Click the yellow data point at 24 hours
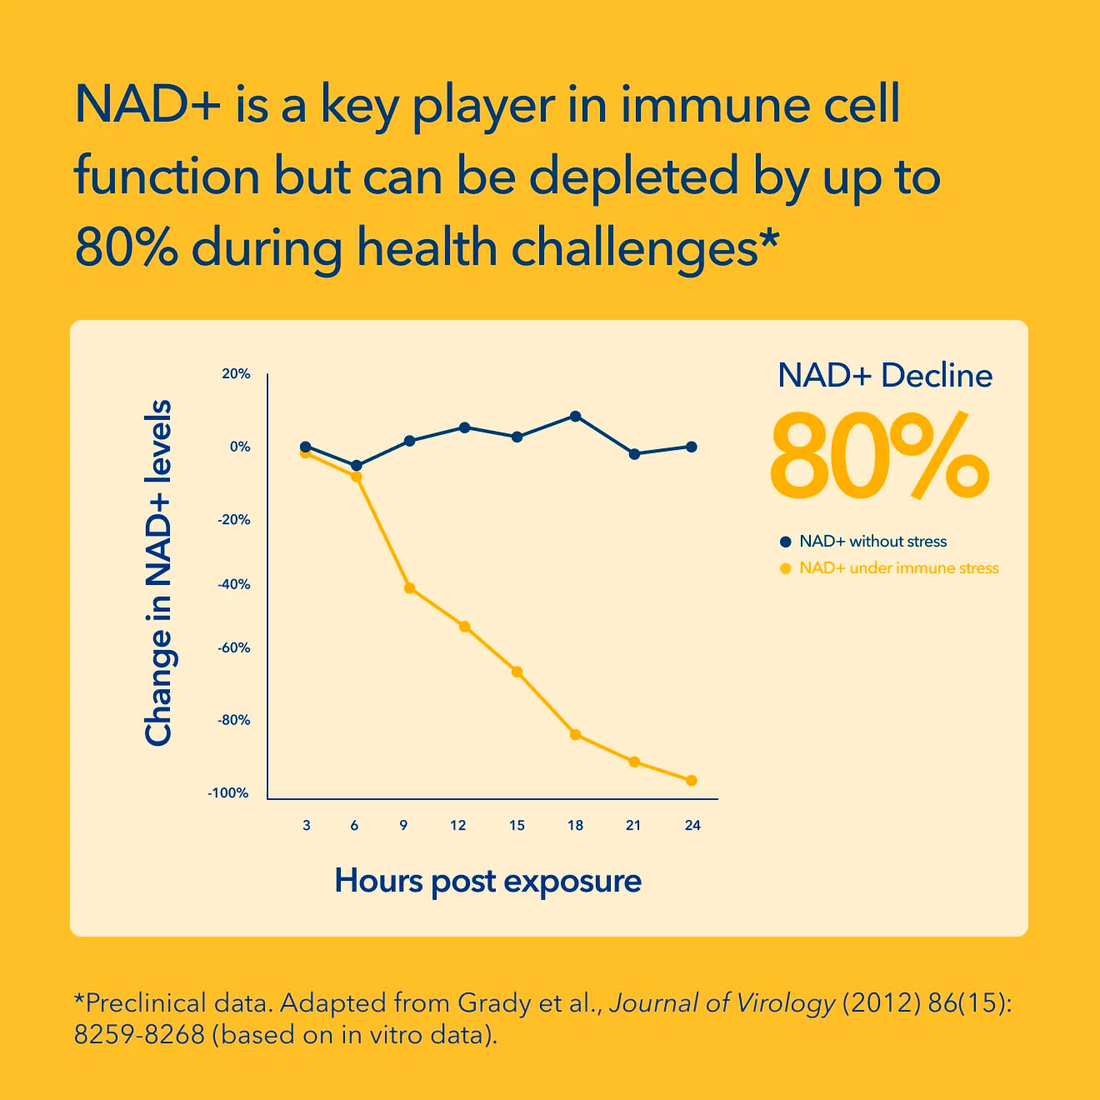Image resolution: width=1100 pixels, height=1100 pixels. tap(692, 780)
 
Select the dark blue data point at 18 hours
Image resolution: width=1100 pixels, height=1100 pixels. tap(575, 416)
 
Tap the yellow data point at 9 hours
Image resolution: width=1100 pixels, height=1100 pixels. tap(409, 588)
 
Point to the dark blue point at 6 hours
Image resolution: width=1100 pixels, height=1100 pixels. tap(356, 466)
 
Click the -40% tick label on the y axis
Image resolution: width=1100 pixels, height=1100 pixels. tap(233, 584)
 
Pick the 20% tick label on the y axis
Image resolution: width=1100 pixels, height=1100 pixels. tap(236, 374)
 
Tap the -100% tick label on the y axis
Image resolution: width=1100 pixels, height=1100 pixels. tap(228, 792)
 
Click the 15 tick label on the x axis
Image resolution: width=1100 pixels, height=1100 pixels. tap(517, 826)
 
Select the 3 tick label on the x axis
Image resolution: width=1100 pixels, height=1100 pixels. tap(307, 826)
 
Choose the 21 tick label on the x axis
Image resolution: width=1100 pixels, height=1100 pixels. tap(633, 826)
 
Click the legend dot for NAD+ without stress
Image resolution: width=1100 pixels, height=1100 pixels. tap(786, 541)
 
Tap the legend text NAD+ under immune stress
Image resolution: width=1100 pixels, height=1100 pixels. tap(899, 568)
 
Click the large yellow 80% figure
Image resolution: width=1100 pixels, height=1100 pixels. tap(879, 456)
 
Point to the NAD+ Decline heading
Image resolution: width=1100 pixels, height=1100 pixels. tap(885, 376)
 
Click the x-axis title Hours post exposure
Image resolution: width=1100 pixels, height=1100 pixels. tap(488, 881)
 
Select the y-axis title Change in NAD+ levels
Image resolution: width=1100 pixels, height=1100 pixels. tap(158, 572)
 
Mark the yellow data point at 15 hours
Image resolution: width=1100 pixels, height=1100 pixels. tap(517, 672)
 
